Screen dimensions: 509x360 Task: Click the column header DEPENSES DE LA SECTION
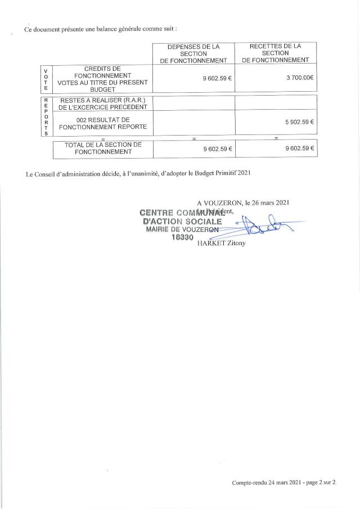pos(193,52)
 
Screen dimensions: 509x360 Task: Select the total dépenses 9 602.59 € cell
pos(217,149)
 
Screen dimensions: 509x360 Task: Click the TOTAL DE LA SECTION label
pos(102,148)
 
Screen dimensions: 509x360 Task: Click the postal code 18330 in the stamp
pos(182,238)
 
